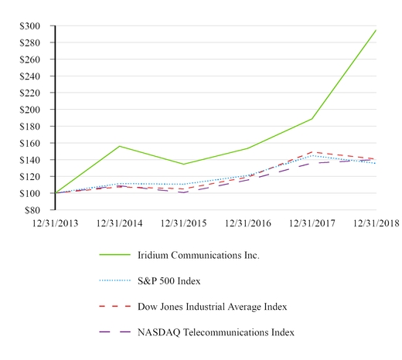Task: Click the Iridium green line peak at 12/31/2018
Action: pyautogui.click(x=376, y=30)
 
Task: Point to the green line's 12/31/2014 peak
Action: pyautogui.click(x=120, y=146)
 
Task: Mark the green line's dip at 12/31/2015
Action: pyautogui.click(x=184, y=164)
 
